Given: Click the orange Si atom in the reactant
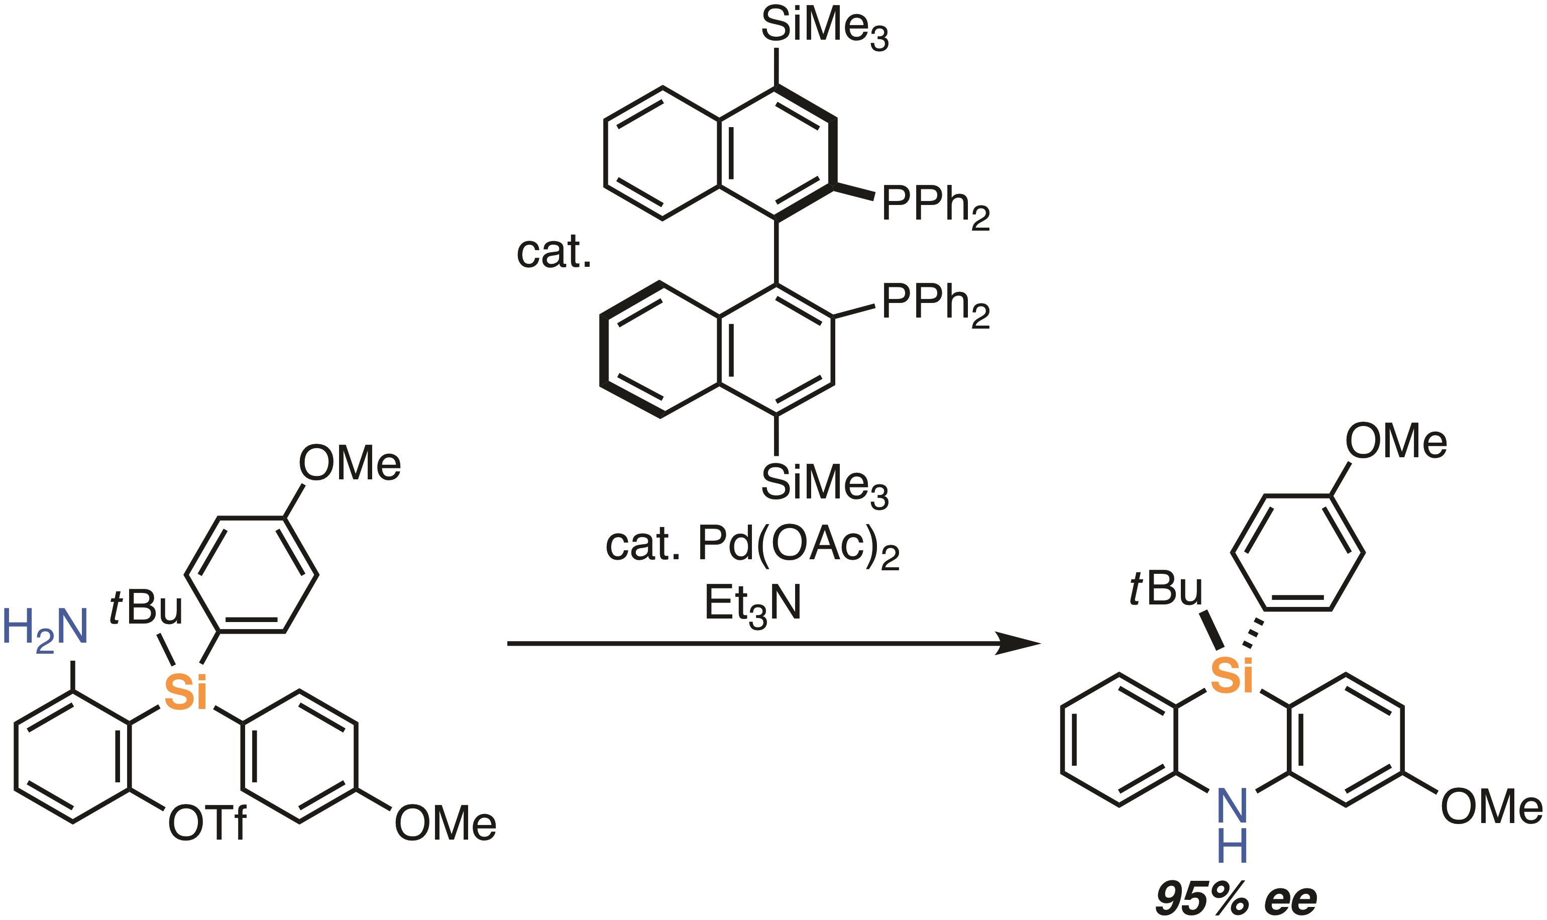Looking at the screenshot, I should pyautogui.click(x=185, y=692).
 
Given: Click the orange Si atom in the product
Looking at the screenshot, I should pyautogui.click(x=1232, y=676).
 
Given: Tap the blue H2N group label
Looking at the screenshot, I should pyautogui.click(x=45, y=629).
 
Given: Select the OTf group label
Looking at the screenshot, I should pyautogui.click(x=207, y=824).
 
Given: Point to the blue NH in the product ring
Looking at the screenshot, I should pyautogui.click(x=1232, y=825).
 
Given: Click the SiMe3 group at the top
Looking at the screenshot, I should pyautogui.click(x=824, y=28).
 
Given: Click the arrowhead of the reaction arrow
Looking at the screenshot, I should pyautogui.click(x=1019, y=644).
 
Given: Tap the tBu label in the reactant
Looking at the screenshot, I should pyautogui.click(x=146, y=607).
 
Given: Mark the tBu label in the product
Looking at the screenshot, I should pyautogui.click(x=1165, y=589).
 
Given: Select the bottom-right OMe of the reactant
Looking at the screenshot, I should pyautogui.click(x=445, y=824).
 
